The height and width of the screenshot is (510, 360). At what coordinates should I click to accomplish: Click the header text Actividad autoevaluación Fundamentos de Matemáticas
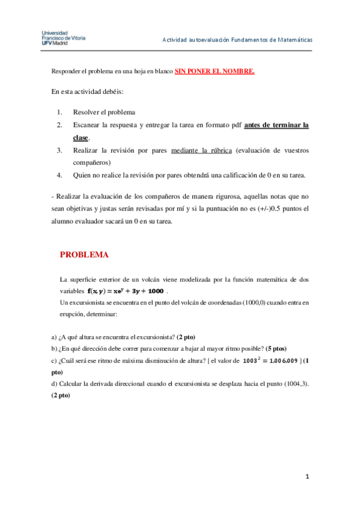tap(237, 40)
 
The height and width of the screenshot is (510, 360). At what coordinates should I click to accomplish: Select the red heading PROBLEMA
tap(84, 254)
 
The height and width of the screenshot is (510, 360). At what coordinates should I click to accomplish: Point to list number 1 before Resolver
tap(59, 112)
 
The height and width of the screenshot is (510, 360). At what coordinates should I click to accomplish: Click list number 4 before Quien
tap(59, 175)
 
